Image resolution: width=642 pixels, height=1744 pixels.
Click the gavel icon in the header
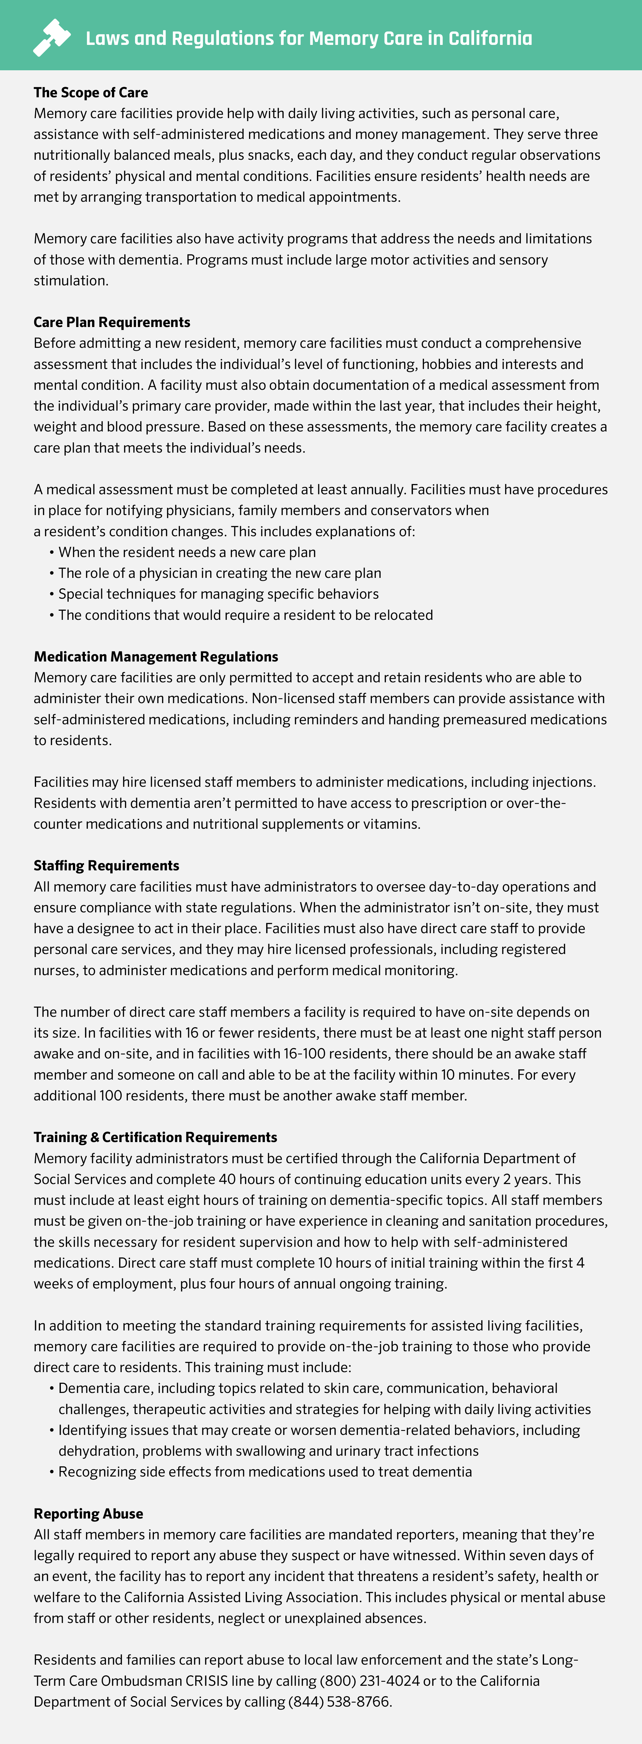click(51, 37)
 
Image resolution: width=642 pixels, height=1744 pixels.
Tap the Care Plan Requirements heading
click(112, 322)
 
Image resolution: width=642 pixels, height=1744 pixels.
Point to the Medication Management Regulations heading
click(156, 657)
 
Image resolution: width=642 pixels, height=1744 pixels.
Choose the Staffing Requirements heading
click(106, 866)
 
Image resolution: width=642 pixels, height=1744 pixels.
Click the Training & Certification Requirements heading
click(155, 1138)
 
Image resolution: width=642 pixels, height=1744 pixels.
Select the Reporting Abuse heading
click(88, 1514)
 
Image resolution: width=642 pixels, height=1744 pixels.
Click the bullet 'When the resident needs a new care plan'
click(187, 552)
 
